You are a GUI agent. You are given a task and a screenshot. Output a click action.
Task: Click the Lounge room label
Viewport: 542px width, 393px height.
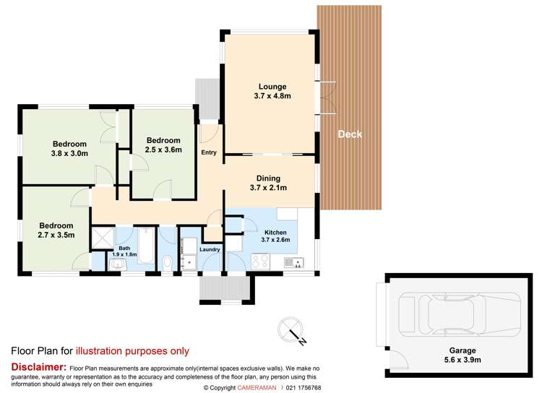pos(272,87)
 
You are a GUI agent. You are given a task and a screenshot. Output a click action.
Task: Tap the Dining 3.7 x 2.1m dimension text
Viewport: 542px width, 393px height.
pos(268,188)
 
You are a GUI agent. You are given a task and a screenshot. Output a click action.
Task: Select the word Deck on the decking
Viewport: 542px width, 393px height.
pos(350,134)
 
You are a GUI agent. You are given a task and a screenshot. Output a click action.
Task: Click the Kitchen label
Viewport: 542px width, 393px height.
pos(275,233)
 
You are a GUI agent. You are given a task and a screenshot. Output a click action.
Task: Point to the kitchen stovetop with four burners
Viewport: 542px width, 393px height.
pos(261,261)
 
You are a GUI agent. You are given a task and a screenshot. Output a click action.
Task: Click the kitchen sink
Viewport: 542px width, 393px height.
pos(294,263)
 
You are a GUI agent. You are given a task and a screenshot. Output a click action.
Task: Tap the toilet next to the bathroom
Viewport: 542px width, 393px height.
pos(168,263)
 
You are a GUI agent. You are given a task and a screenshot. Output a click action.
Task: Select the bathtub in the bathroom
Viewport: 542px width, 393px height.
pos(147,245)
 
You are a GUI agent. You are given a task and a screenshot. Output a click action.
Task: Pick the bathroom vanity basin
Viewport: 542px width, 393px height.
pos(119,264)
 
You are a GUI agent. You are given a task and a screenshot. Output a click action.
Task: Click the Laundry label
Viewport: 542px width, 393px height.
pos(210,249)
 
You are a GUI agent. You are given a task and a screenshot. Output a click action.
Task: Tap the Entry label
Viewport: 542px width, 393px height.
pos(209,152)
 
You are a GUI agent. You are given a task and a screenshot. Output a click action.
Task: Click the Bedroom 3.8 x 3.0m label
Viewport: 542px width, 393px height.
pos(69,149)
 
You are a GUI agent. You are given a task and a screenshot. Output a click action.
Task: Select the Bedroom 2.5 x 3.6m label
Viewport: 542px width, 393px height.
pos(163,145)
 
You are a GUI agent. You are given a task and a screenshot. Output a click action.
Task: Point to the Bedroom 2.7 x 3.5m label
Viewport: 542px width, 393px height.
pos(56,230)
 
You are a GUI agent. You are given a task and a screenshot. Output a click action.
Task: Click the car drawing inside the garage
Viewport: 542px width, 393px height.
pos(460,314)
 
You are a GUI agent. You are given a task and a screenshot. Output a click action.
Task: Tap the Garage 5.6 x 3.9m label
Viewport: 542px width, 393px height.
pos(463,355)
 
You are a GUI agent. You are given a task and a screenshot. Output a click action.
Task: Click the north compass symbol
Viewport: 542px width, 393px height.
pos(291,330)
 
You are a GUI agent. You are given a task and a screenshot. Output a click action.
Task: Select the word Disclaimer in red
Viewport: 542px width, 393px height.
pos(39,367)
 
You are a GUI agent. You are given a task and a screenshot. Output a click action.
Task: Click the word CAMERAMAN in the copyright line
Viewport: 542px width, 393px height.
pos(257,388)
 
